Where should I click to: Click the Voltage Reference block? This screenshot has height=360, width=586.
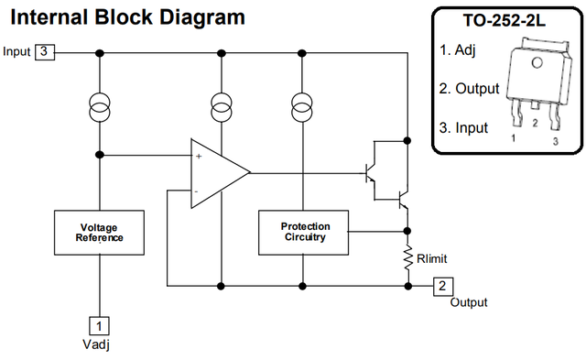pos(100,233)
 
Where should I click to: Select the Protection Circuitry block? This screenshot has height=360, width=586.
pos(303,233)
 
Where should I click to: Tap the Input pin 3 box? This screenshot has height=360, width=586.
pos(45,52)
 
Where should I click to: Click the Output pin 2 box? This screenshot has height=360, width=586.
pos(443,287)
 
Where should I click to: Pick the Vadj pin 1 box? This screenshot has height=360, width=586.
pos(100,325)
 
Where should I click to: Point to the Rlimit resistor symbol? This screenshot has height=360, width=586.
pos(408,258)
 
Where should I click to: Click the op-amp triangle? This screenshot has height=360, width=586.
pos(221,173)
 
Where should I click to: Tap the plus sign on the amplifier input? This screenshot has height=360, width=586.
pos(199,157)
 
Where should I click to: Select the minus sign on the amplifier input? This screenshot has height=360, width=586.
pos(197,191)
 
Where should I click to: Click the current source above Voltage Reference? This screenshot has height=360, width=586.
pos(100,107)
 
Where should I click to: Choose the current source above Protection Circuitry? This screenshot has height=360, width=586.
pos(302,107)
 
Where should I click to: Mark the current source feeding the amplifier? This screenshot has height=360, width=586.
pos(222,107)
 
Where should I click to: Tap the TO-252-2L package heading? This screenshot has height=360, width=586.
pos(505,20)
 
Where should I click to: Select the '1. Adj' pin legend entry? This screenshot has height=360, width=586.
pos(458,50)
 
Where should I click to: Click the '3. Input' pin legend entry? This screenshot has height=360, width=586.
pos(463,128)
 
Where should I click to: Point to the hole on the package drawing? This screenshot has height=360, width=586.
pos(537,62)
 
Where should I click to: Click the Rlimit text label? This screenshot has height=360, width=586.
pos(431,258)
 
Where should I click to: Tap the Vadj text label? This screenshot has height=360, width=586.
pos(96,344)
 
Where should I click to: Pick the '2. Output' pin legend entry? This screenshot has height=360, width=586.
pos(469,89)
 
